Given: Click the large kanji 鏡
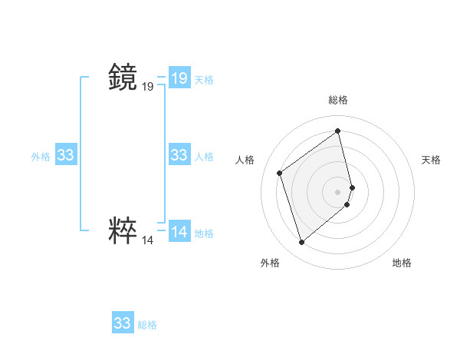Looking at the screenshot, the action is coord(123,78).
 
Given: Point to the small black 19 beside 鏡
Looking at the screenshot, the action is coord(147,88).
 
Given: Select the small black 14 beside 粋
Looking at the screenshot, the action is coord(147,240).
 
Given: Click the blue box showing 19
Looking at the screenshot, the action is coord(179,78).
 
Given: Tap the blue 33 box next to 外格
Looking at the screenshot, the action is coord(65,155).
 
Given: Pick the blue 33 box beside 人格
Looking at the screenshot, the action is coord(179,155).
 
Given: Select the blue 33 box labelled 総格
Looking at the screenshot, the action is coord(123,323).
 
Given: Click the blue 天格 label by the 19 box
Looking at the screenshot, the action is coord(204,80).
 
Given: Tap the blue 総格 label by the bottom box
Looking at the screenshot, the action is coord(147,325).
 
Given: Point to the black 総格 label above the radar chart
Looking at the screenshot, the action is coord(338,100).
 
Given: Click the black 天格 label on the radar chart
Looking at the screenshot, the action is coord(431,160).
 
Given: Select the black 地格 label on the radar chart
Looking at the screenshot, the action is coord(402,263).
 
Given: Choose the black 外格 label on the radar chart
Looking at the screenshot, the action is coord(270,263).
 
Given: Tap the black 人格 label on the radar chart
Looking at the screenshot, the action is coord(245,160).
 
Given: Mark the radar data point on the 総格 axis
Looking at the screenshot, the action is coord(338,131).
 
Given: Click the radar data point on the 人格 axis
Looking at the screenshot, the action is coord(280,173).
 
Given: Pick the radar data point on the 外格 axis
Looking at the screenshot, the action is coord(302,243).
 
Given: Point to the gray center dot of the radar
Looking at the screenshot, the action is coord(338,191).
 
